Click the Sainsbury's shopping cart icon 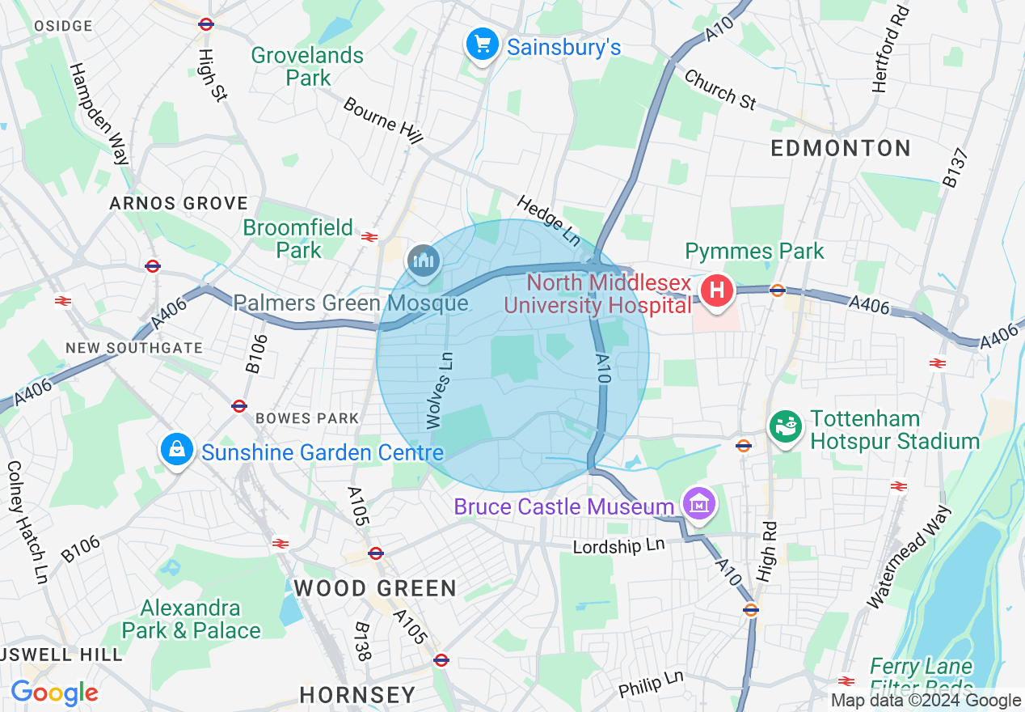coord(483,44)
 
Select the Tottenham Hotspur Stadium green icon coord(784,427)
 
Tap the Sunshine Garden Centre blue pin coord(175,449)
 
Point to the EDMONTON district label coord(841,149)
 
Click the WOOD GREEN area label coord(375,588)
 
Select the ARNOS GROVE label coord(179,203)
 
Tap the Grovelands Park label coord(307,66)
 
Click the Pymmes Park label coord(754,251)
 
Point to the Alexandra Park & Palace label coord(191,619)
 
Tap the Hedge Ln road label coord(550,220)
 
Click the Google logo coord(54,693)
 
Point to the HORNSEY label coord(357,694)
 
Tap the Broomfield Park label coord(298,239)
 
